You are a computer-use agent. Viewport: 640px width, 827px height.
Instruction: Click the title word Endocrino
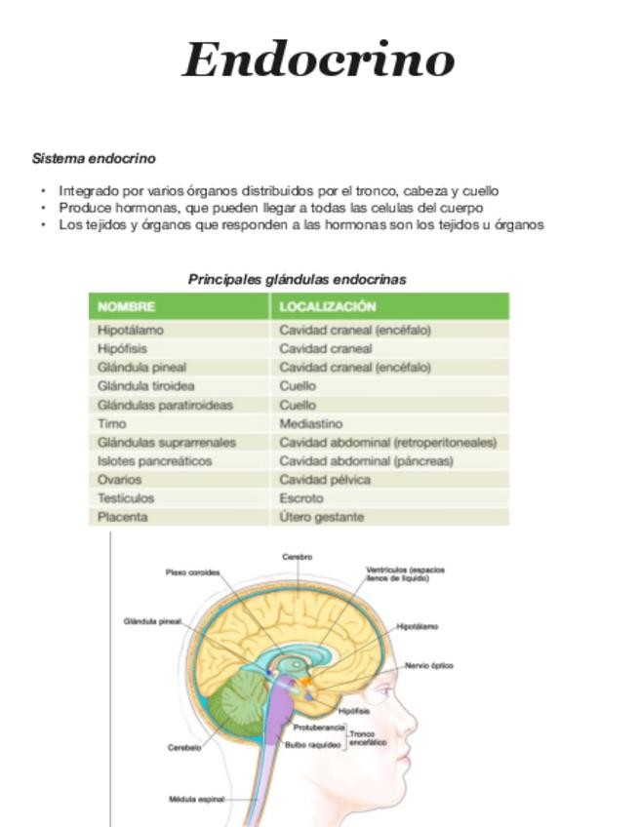pos(318,59)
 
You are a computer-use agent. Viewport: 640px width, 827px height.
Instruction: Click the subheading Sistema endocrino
pos(94,158)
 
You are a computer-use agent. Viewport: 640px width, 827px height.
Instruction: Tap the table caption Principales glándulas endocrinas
pos(297,279)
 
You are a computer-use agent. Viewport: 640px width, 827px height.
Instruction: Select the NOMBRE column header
pos(127,306)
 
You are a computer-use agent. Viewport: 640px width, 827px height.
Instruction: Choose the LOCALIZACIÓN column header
pos(328,306)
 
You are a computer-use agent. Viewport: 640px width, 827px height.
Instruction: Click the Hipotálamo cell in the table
pos(131,330)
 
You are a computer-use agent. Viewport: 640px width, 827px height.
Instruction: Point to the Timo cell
pos(112,423)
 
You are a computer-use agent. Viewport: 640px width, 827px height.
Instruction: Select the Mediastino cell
pos(311,423)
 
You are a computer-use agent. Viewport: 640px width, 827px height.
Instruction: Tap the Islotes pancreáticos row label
pos(154,460)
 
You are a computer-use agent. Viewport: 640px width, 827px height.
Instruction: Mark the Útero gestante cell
pos(321,517)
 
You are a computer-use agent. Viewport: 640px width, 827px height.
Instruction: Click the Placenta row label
pos(123,517)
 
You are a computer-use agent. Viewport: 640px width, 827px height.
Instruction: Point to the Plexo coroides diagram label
pos(192,572)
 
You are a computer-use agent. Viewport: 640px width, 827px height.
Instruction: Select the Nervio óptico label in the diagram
pos(428,665)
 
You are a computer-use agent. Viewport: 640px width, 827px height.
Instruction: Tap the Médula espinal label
pos(196,799)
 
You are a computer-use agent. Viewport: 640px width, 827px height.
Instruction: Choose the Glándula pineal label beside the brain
pos(152,621)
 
